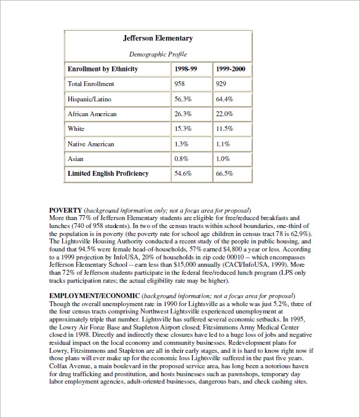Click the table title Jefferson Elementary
coord(158,38)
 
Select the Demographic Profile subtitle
coord(158,54)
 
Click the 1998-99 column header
coord(185,69)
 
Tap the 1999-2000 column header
coord(231,69)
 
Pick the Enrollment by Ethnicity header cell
coord(102,69)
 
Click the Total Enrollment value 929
coord(223,84)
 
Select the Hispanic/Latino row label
coord(90,98)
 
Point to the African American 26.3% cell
coord(183,114)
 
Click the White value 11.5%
coord(225,128)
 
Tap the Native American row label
coord(90,144)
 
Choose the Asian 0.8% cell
coord(182,159)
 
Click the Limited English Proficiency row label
coord(108,173)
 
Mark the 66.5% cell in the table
coord(225,173)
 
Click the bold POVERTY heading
coord(65,210)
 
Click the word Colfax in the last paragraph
coord(60,366)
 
